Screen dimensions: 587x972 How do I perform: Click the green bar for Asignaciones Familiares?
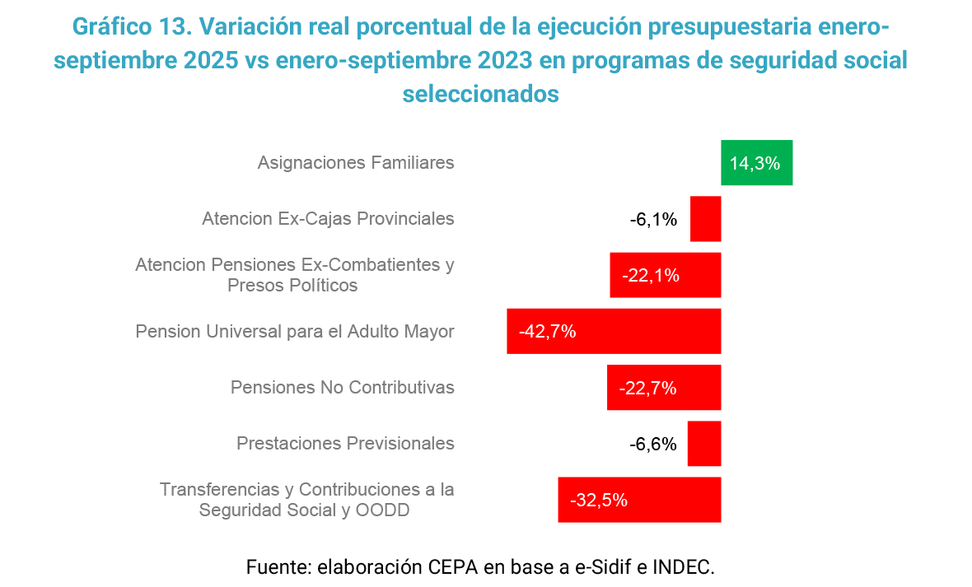[x=756, y=163]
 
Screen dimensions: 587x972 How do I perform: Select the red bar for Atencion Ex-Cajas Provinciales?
[x=705, y=219]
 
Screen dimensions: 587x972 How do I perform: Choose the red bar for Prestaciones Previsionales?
[x=704, y=443]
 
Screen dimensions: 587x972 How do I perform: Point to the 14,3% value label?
[x=755, y=163]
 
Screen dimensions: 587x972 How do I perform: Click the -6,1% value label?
[x=653, y=219]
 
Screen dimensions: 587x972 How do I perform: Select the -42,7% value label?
[x=547, y=332]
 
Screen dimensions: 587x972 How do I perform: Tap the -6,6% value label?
[x=653, y=444]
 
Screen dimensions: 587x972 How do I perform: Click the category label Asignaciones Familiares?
[x=356, y=162]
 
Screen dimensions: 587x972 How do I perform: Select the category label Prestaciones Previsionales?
[x=345, y=443]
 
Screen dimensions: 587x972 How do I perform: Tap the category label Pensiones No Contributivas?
[x=343, y=387]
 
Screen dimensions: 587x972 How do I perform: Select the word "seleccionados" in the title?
[x=481, y=94]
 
